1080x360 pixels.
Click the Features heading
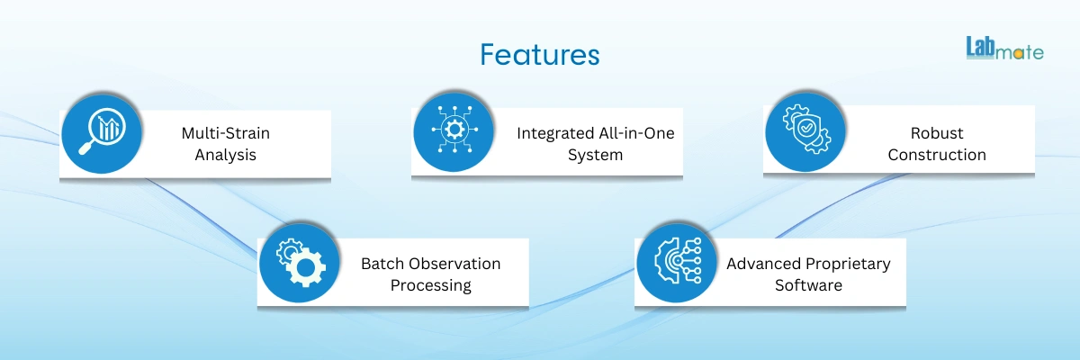pos(539,54)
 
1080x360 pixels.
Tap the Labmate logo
pos(1003,49)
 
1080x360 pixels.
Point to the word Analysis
pos(225,155)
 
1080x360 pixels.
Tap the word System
pos(595,155)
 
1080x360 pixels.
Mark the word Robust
pos(937,133)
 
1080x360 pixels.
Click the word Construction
pos(937,155)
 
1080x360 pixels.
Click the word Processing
pos(430,285)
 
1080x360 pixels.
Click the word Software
pos(808,285)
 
